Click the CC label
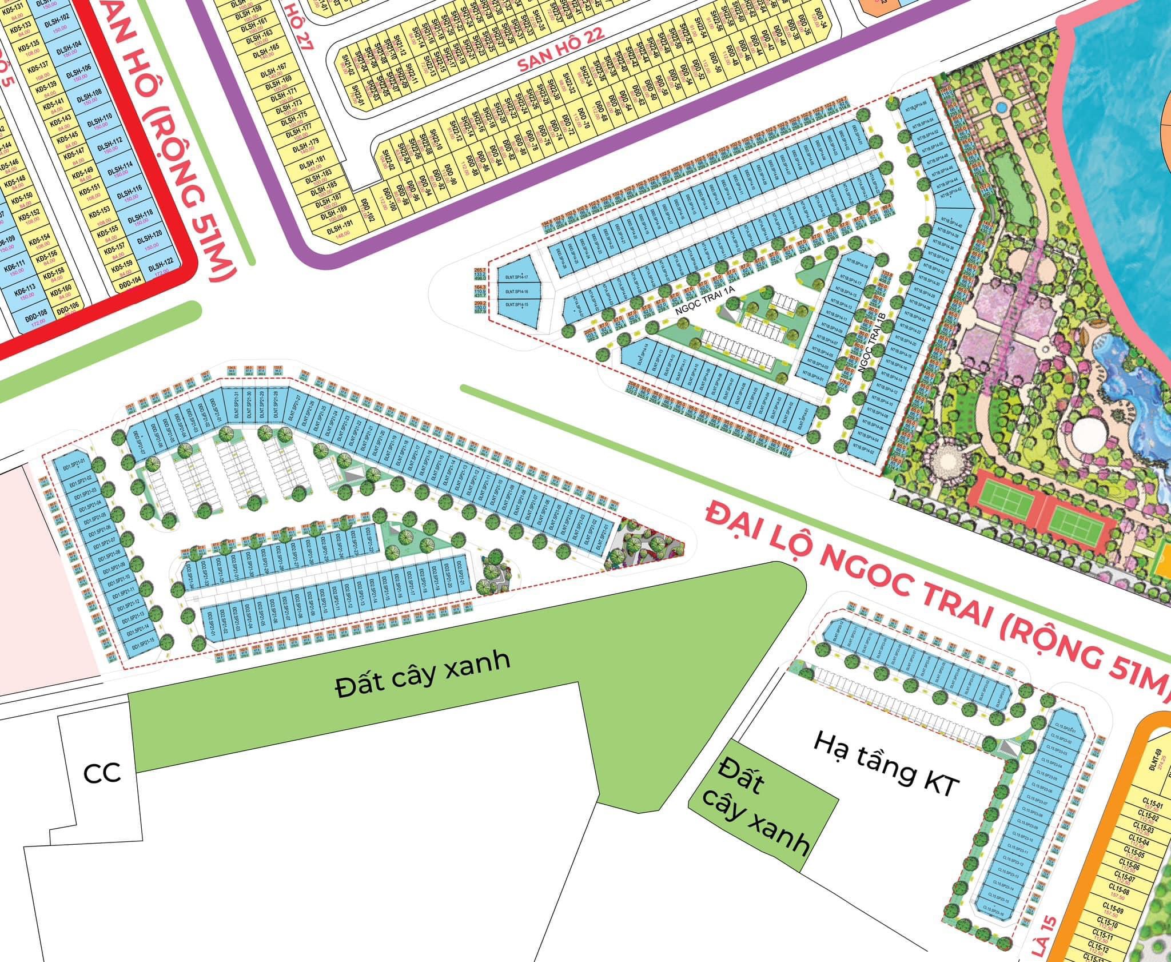coord(101,773)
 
